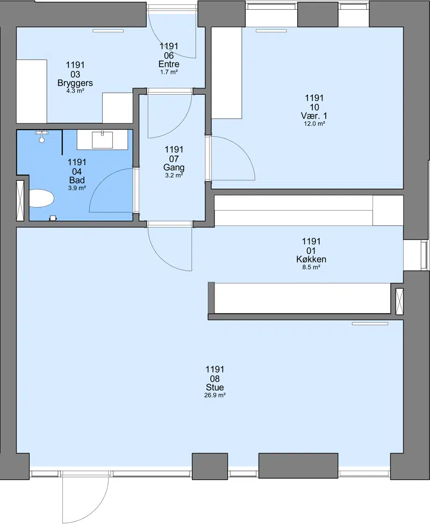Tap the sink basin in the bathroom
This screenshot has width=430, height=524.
point(103,140)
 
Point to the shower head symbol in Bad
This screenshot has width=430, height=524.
point(42,136)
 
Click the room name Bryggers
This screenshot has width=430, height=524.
point(75,83)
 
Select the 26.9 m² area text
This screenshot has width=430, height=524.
point(214,395)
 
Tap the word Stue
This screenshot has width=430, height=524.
point(214,387)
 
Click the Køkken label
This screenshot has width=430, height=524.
point(311,259)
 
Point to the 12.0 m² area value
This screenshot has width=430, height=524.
point(314,123)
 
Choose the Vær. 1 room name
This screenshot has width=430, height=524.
point(314,116)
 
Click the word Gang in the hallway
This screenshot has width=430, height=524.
point(174,167)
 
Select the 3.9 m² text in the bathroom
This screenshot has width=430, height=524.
point(77,188)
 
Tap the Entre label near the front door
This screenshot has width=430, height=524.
point(169,64)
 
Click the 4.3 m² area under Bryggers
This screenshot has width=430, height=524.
point(75,90)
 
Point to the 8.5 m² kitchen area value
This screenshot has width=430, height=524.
point(311,267)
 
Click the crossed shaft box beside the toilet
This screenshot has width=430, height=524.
point(20,201)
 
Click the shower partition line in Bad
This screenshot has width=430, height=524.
point(62,143)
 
